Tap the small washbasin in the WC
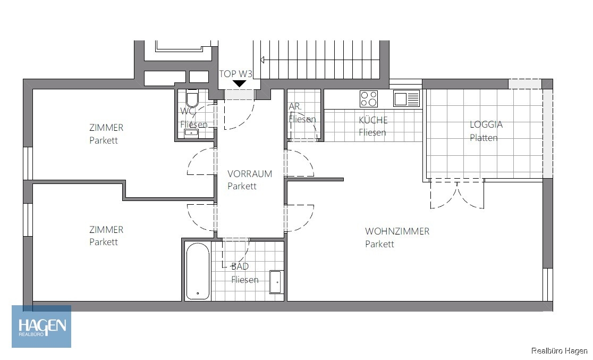191,132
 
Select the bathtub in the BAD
198,271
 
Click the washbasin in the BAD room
276,282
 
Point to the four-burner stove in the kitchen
368,99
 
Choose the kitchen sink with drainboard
406,99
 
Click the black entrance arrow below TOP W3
240,83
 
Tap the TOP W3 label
235,73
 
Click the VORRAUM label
250,174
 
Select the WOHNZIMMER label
397,231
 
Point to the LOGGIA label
486,124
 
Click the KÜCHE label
373,120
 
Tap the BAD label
240,266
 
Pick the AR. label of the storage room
295,107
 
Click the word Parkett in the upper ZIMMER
104,140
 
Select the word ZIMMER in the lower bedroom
106,230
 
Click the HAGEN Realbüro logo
41,326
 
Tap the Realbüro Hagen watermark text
560,351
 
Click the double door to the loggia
457,194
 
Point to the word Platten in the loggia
484,138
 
